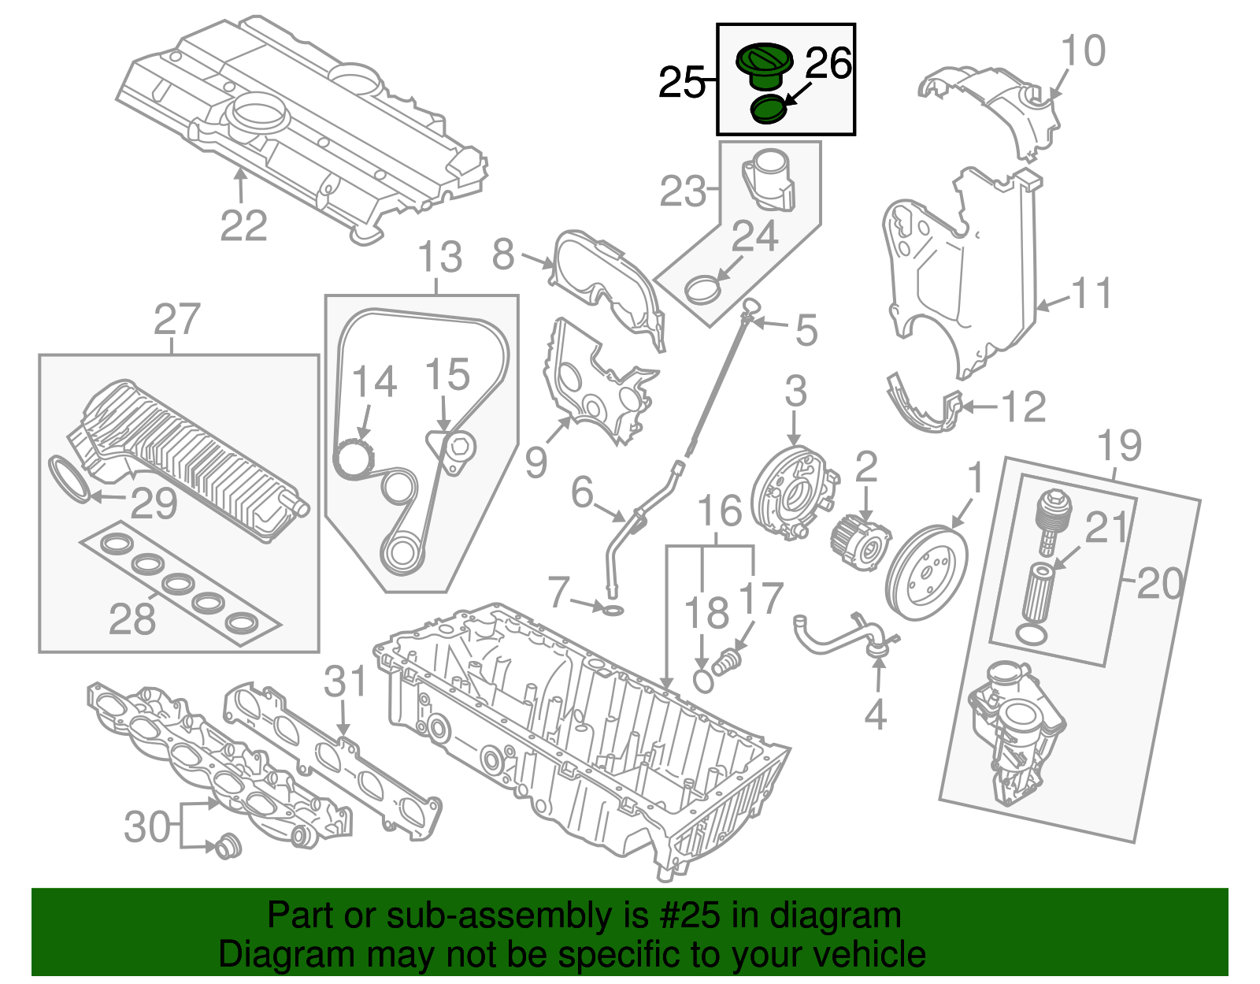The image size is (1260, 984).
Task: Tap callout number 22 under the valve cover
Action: (x=243, y=226)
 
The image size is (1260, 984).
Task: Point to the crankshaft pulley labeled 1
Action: (x=927, y=573)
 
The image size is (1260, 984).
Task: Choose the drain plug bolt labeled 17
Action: (x=728, y=662)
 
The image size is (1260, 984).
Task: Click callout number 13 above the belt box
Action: (x=439, y=258)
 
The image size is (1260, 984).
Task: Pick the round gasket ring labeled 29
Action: (x=69, y=477)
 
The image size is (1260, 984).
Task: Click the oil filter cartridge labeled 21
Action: (x=1039, y=592)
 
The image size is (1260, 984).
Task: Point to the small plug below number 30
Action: (x=228, y=847)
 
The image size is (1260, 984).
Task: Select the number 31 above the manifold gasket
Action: (x=346, y=682)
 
